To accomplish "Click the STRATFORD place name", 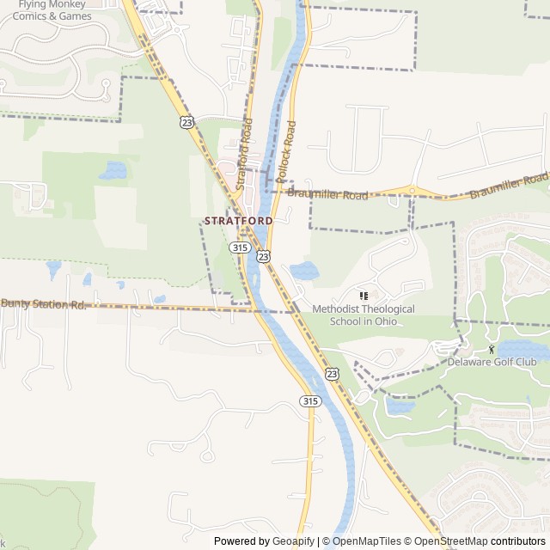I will pos(238,221).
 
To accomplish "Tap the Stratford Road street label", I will pos(246,158).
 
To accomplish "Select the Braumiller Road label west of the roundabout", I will pos(327,195).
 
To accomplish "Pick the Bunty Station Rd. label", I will pos(44,303).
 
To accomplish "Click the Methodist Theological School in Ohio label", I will pos(363,315).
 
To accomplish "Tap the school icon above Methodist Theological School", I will pos(363,296).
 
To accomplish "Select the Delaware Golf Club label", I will pos(492,362).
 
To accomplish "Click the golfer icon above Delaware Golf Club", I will pos(492,349).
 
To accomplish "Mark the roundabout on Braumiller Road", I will pos(412,191).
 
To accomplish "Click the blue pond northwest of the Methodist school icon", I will pos(303,272).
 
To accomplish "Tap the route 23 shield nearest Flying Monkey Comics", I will pos(187,122).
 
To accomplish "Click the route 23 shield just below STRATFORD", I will pos(263,256).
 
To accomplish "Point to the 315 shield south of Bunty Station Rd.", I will pos(310,400).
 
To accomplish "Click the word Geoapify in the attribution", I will pos(293,541).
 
